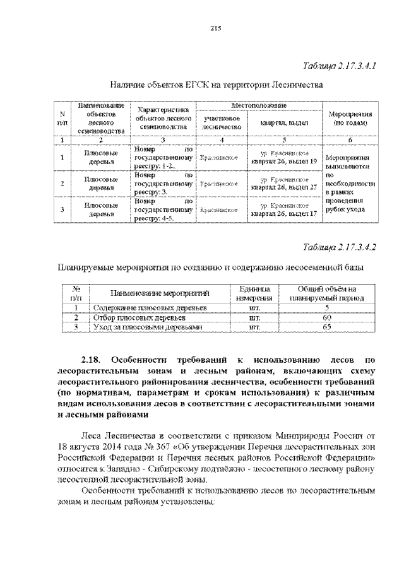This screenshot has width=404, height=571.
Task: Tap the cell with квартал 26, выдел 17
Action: pos(283,209)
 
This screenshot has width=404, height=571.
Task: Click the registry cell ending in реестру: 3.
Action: pos(163,183)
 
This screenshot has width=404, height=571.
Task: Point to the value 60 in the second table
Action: pos(327,317)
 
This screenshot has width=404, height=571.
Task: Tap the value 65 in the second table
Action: pos(327,327)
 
